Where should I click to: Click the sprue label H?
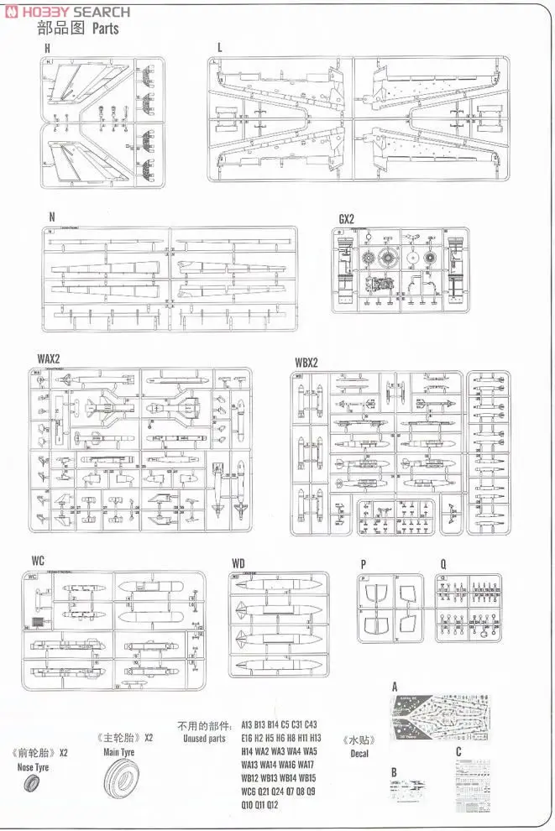pos(47,49)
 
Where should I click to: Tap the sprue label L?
pos(219,48)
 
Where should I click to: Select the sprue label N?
pos(51,217)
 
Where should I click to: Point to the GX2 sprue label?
pos(347,219)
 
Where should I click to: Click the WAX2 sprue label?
pos(49,358)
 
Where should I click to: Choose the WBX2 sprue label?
pos(307,363)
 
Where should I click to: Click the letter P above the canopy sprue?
pos(363,563)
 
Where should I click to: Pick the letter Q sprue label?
pos(442,563)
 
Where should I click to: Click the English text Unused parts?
pos(204,739)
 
